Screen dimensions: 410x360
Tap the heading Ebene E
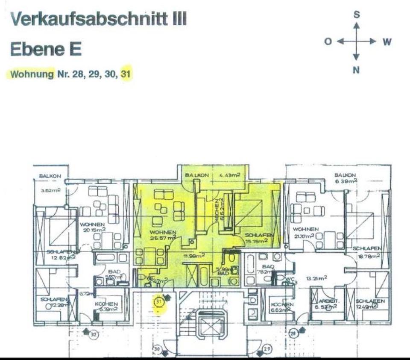click(x=46, y=50)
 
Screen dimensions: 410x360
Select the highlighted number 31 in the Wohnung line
click(x=126, y=74)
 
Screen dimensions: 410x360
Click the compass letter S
click(x=356, y=15)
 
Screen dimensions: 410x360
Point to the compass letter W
click(x=387, y=42)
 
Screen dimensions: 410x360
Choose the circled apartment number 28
click(x=294, y=333)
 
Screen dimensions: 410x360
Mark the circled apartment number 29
click(x=268, y=350)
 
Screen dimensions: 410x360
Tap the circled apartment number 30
click(x=157, y=350)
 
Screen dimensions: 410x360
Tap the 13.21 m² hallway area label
click(x=316, y=277)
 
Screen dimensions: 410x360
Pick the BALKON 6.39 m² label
click(x=345, y=178)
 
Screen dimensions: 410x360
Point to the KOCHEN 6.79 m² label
click(x=109, y=307)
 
